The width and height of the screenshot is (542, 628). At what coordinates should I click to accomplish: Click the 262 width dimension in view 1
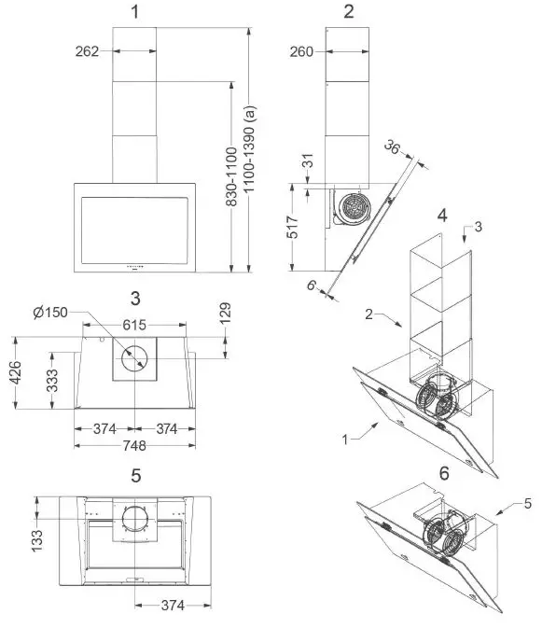(x=88, y=52)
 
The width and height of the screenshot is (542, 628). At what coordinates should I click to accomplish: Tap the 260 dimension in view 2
(x=301, y=53)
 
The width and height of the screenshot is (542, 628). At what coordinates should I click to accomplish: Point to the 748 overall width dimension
(x=135, y=446)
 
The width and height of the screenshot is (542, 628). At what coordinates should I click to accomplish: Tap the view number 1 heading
(x=136, y=13)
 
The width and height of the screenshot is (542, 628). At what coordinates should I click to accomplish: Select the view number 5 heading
(x=136, y=476)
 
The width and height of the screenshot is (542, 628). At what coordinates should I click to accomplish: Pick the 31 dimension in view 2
(x=309, y=162)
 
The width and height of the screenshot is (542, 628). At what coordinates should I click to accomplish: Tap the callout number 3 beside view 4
(x=478, y=227)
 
